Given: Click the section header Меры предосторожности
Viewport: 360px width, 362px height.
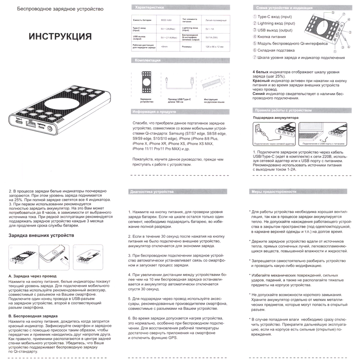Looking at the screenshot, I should pyautogui.click(x=273, y=191).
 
